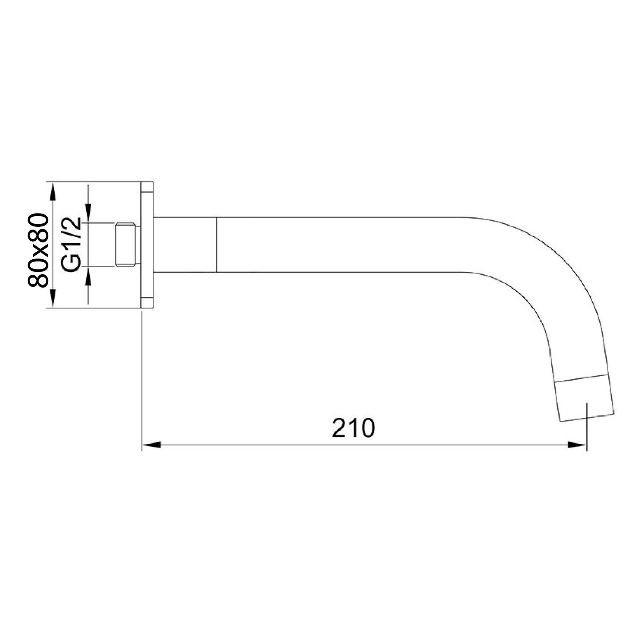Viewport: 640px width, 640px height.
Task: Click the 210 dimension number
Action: pyautogui.click(x=353, y=428)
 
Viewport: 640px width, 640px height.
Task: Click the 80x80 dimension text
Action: pyautogui.click(x=39, y=250)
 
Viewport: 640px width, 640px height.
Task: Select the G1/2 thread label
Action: pyautogui.click(x=71, y=245)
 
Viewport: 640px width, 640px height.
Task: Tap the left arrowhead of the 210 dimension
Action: pyautogui.click(x=151, y=445)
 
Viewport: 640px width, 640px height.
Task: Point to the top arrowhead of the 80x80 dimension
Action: pyautogui.click(x=53, y=191)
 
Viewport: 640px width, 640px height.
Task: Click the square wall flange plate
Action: pyautogui.click(x=147, y=244)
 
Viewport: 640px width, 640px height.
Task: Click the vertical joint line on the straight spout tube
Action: pyautogui.click(x=216, y=245)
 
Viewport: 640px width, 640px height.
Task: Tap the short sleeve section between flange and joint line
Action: pyautogui.click(x=185, y=245)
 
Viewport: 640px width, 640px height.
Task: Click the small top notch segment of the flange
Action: pyautogui.click(x=147, y=187)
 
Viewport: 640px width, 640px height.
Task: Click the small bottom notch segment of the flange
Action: pyautogui.click(x=147, y=302)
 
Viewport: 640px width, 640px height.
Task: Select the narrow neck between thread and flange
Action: pyautogui.click(x=139, y=244)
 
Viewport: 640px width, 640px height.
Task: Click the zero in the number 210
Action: pyautogui.click(x=367, y=428)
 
